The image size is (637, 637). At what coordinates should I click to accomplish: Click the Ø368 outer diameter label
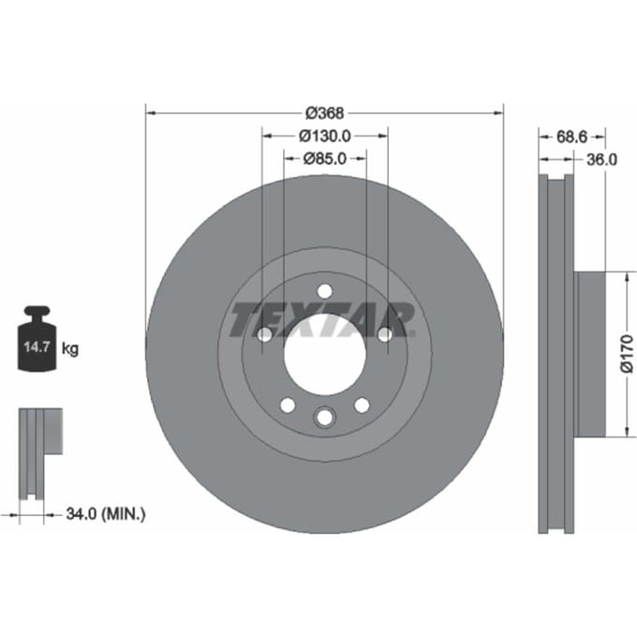tap(325, 113)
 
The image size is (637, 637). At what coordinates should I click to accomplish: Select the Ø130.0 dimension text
tap(325, 136)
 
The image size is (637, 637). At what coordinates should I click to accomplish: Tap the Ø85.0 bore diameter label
tap(325, 158)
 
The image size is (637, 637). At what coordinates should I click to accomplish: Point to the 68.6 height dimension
tap(571, 137)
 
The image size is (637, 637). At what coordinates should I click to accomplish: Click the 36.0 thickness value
tap(601, 159)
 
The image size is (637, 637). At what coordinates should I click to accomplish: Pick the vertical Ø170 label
tap(627, 353)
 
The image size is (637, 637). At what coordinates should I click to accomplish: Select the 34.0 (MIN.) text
tap(106, 514)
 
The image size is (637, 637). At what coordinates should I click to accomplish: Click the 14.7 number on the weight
tap(37, 347)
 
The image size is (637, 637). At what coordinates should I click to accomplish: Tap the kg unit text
tap(70, 348)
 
